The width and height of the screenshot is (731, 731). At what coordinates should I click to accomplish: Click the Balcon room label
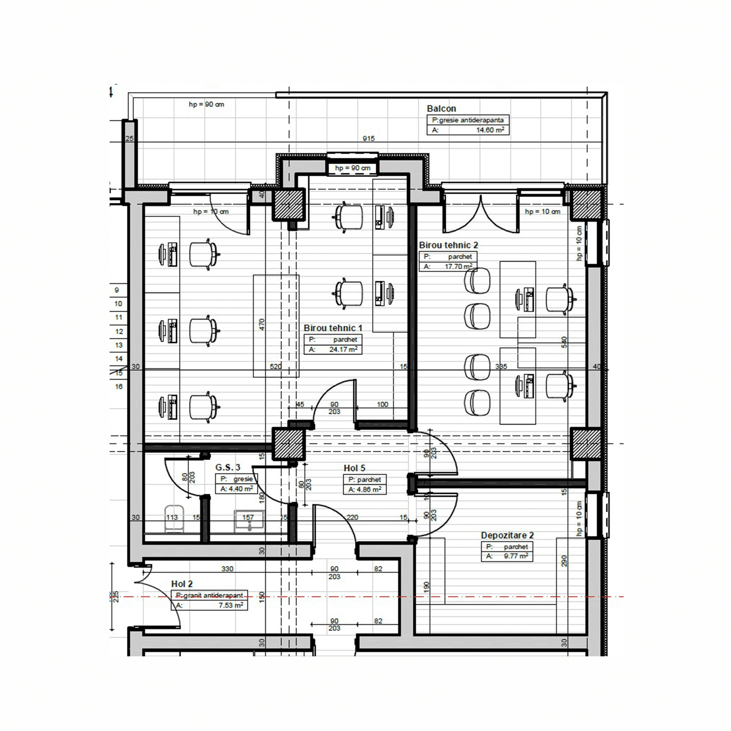[441, 109]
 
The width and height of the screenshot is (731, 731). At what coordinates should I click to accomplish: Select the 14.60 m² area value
[490, 130]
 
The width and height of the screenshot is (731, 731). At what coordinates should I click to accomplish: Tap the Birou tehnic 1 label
[333, 328]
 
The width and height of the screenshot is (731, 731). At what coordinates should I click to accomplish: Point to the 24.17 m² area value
[343, 349]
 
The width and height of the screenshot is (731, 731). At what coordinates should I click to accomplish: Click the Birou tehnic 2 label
[448, 245]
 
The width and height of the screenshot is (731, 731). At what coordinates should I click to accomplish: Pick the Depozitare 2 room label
[507, 536]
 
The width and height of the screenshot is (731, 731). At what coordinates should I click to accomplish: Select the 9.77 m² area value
[516, 556]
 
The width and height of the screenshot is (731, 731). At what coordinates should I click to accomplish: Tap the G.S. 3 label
[228, 467]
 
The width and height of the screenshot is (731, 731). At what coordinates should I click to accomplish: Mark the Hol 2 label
[182, 584]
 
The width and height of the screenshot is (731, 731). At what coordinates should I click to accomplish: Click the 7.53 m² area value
[230, 605]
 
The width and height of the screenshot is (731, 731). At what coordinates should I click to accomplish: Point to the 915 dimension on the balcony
[369, 138]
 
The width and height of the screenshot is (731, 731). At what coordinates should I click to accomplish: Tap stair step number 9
[117, 290]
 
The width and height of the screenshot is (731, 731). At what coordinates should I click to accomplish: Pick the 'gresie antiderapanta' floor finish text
[471, 120]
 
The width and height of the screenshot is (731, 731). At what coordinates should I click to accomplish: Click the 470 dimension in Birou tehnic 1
[262, 324]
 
